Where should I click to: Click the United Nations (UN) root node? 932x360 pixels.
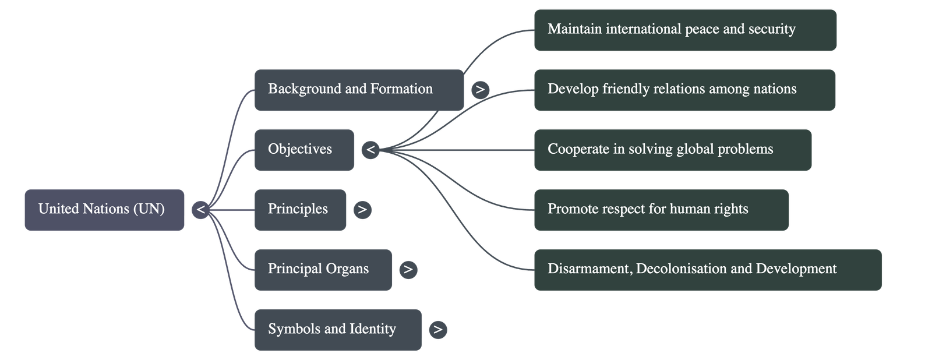click(104, 210)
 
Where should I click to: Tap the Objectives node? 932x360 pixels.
click(304, 150)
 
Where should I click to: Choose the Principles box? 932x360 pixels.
click(300, 210)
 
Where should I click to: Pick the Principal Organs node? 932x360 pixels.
click(323, 270)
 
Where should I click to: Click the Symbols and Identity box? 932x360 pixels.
click(338, 330)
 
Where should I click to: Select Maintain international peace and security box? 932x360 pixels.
click(685, 30)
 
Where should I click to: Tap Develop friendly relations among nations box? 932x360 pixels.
click(684, 90)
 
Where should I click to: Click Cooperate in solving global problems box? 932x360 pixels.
click(672, 150)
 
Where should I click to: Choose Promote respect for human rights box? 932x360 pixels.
click(661, 210)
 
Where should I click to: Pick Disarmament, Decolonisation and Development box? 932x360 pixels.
click(707, 270)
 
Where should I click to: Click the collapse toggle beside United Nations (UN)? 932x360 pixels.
click(200, 210)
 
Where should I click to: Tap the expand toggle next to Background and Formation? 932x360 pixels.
click(480, 90)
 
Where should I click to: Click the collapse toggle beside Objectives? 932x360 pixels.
click(370, 150)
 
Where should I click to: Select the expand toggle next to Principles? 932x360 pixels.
click(362, 210)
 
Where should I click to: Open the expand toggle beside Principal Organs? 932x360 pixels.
click(408, 270)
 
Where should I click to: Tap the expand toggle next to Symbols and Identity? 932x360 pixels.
click(438, 330)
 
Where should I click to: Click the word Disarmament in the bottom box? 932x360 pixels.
click(588, 269)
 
